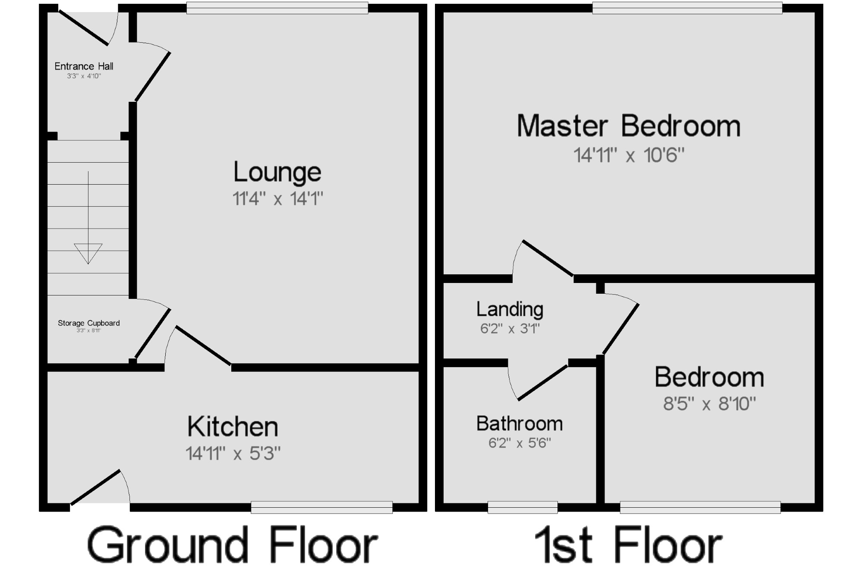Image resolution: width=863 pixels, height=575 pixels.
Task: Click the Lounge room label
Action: [277, 172]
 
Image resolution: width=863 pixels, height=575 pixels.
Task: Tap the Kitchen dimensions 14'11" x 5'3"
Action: [233, 454]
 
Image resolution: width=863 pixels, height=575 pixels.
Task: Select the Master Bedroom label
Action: [629, 126]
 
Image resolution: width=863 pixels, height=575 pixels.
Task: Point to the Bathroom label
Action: [520, 424]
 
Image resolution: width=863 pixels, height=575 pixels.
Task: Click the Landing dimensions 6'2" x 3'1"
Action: [510, 329]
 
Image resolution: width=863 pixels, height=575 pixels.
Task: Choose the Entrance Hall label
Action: [84, 66]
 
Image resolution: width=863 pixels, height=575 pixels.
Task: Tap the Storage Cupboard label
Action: [89, 323]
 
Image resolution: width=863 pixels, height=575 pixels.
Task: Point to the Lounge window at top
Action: [277, 8]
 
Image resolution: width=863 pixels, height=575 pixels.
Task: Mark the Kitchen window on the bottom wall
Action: [321, 507]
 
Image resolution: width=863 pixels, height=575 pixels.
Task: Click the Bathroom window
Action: [523, 507]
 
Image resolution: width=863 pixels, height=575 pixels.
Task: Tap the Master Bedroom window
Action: [687, 8]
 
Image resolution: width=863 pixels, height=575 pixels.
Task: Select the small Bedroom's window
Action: [700, 507]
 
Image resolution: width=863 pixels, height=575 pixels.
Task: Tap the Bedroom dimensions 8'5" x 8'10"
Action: [709, 404]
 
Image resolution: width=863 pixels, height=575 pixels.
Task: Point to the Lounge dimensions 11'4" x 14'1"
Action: [277, 199]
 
